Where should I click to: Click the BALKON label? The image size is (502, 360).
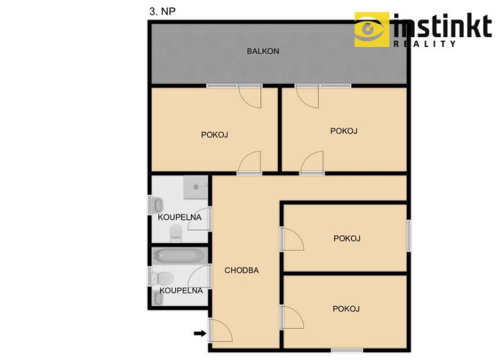click(x=263, y=51)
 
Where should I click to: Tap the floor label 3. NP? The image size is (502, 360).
click(x=163, y=11)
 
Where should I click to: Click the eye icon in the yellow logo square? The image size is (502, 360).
click(x=371, y=29)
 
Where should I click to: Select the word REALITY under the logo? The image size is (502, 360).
click(x=425, y=44)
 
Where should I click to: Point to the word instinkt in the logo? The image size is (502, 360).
click(x=442, y=26)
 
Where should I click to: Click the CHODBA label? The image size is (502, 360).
click(x=242, y=270)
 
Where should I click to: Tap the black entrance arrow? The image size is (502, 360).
click(x=200, y=334)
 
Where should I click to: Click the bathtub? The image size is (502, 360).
click(x=179, y=255)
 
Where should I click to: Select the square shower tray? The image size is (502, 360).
click(x=196, y=187)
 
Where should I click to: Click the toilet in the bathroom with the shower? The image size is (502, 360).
click(x=176, y=233)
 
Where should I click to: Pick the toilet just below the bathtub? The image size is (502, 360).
click(x=163, y=278)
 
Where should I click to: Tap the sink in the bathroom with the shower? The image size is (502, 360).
click(x=158, y=205)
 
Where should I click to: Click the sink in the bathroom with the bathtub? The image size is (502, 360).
click(x=158, y=299)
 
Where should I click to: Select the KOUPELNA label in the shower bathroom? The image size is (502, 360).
click(x=179, y=217)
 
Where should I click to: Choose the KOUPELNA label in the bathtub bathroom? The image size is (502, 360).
click(x=181, y=290)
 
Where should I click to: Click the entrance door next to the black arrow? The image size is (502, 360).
click(x=220, y=331)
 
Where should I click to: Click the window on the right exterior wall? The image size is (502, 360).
click(x=409, y=235)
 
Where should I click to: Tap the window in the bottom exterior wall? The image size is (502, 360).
click(x=347, y=351)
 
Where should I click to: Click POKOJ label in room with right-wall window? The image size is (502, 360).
click(x=347, y=238)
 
